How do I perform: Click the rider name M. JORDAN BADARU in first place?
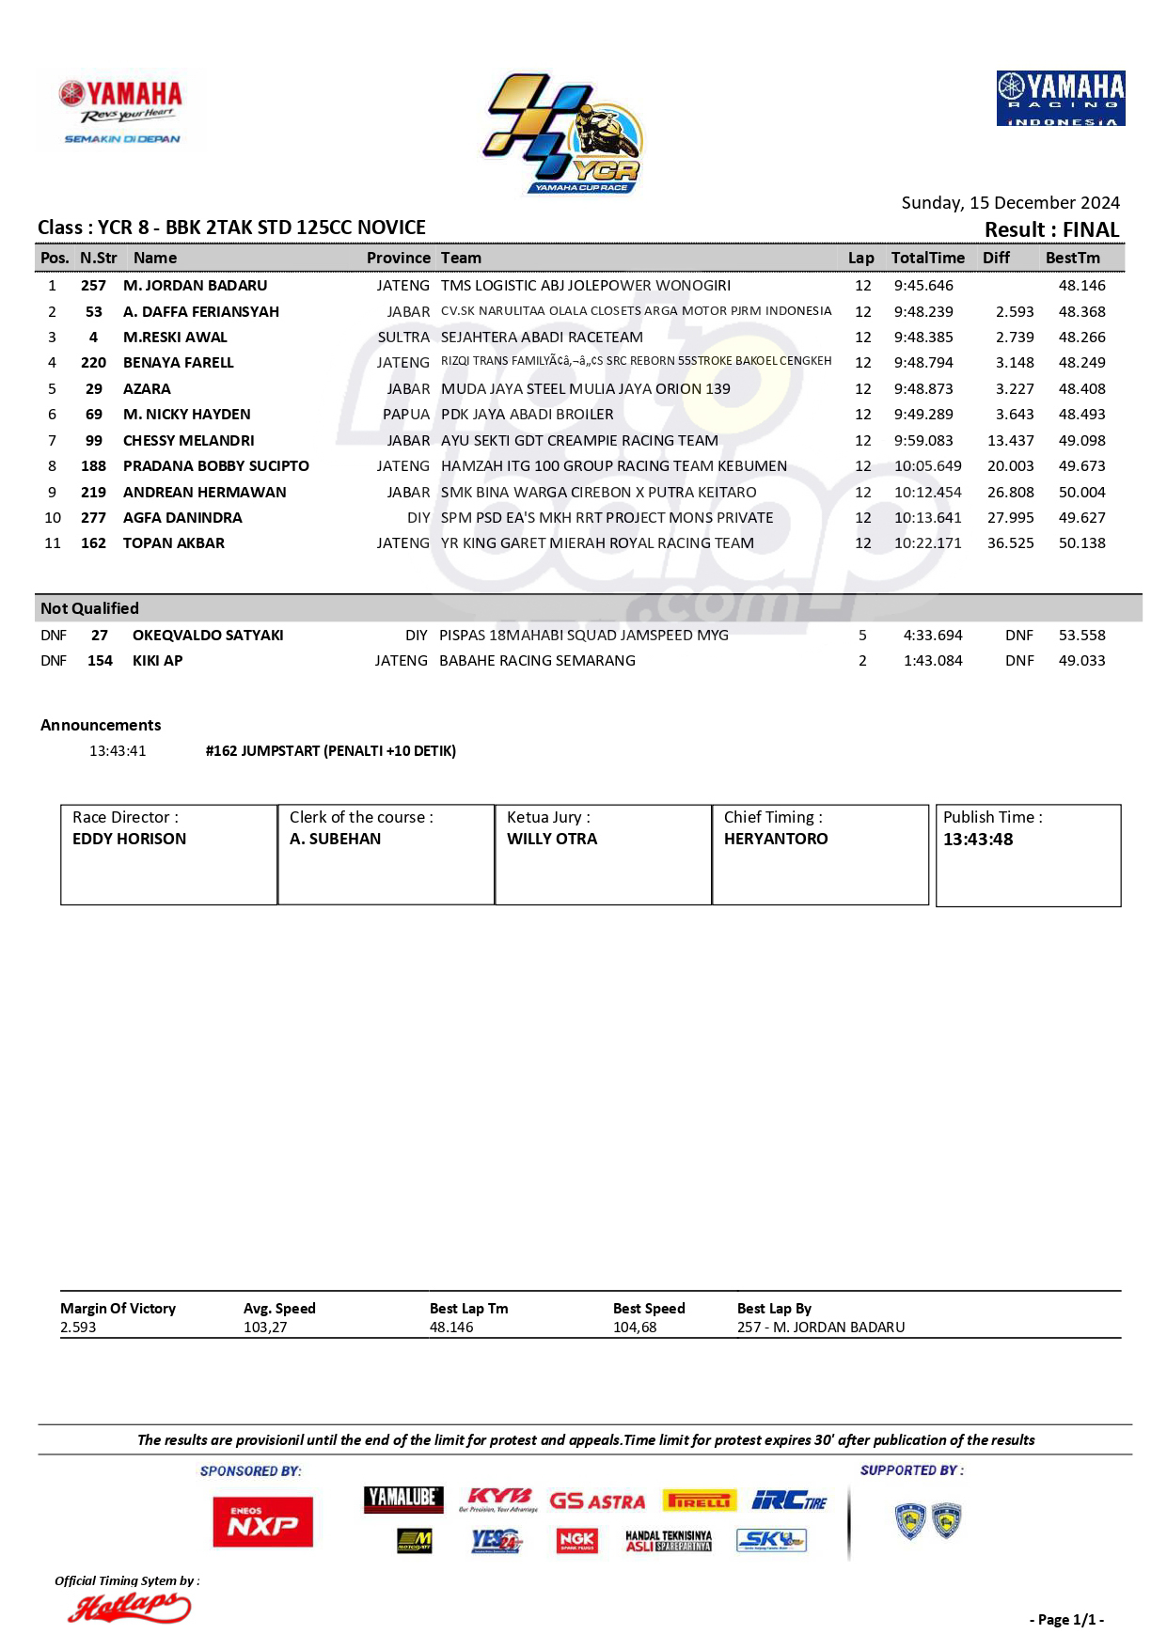pos(195,286)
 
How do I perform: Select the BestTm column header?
pos(1072,258)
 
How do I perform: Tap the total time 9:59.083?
pos(923,441)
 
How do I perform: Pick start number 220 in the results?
pos(93,363)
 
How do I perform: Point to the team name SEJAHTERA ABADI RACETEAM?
pos(542,338)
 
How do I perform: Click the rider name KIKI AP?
pos(157,661)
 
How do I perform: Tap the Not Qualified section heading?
pos(89,608)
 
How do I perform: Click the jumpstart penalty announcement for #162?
pos(330,751)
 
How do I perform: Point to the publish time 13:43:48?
pos(978,840)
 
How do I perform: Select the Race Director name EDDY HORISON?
pos(129,839)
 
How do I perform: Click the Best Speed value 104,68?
pos(635,1328)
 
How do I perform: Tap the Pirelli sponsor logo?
pos(699,1501)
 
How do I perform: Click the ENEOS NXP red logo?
pos(262,1521)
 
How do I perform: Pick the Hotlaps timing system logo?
pos(128,1609)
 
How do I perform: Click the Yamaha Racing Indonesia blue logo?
pos(1061,98)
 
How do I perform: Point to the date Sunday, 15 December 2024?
pos(1010,203)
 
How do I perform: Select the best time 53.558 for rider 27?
pos(1081,636)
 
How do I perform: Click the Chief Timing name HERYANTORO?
pos(776,839)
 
